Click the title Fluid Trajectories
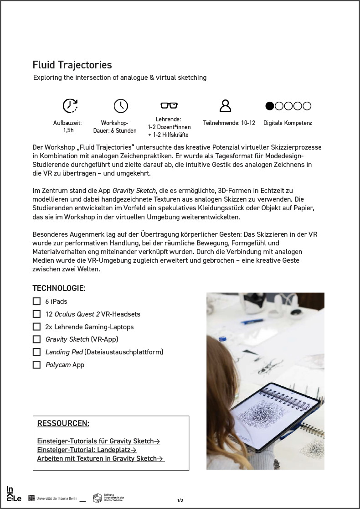tap(72, 65)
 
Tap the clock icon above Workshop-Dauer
tap(121, 106)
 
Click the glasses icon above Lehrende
tap(169, 106)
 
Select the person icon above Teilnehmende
tap(225, 106)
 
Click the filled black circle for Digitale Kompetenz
tap(270, 106)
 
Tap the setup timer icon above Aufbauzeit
tap(70, 106)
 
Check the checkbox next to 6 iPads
tap(36, 301)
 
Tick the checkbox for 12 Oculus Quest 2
tap(36, 314)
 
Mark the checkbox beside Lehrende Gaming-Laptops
tap(36, 327)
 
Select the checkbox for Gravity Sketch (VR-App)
tap(36, 339)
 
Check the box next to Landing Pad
tap(36, 352)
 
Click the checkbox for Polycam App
tap(36, 365)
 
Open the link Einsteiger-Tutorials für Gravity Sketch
tap(98, 441)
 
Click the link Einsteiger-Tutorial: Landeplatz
tap(87, 450)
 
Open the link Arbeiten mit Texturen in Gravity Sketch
tap(100, 458)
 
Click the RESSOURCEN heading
tap(63, 423)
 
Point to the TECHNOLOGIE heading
tap(59, 288)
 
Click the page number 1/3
tap(180, 500)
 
